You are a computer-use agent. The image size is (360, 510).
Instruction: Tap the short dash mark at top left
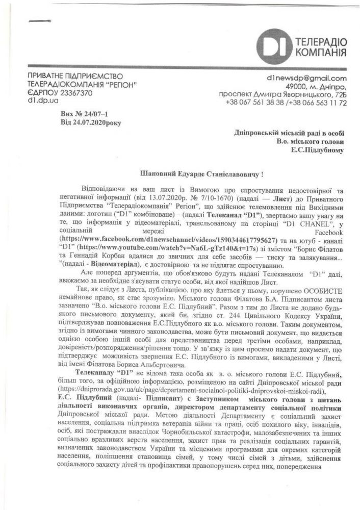[37, 21]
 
